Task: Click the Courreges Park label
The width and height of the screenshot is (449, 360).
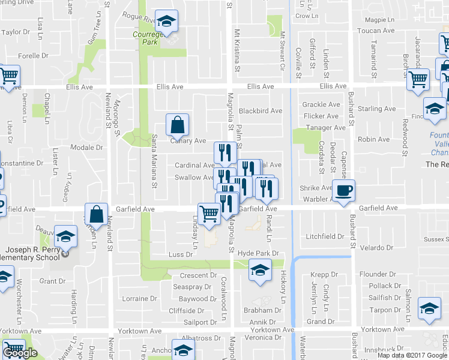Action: tap(145, 38)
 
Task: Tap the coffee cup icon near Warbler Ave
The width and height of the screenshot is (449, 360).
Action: tap(343, 191)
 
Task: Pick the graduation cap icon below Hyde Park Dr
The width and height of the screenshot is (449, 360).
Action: tap(259, 271)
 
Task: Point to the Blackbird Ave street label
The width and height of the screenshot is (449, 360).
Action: tap(260, 111)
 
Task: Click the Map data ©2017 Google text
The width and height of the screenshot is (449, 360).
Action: tap(413, 355)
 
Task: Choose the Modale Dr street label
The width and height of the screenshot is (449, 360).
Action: tap(86, 148)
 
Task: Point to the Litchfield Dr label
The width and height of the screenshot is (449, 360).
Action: tap(324, 237)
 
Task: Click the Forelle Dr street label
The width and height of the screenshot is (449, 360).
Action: tap(33, 56)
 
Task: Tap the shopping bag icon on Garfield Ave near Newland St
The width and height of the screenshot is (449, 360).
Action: tap(96, 214)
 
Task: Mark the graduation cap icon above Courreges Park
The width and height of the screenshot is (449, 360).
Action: tap(166, 22)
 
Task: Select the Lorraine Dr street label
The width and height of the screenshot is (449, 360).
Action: tap(139, 298)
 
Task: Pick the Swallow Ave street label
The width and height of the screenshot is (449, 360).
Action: tap(194, 178)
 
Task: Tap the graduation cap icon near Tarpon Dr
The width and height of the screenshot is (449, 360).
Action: tap(429, 308)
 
